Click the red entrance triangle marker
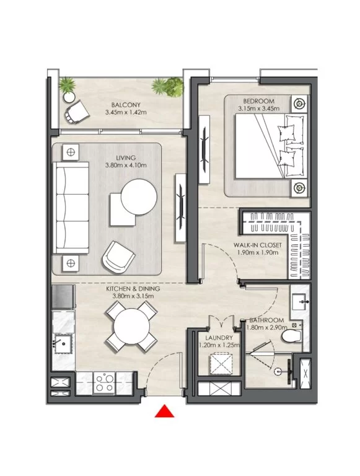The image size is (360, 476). tap(164, 412)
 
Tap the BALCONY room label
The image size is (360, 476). tap(126, 105)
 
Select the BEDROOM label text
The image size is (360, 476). tap(258, 101)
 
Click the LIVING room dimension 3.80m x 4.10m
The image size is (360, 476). tap(126, 165)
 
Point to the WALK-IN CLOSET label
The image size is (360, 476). tap(257, 245)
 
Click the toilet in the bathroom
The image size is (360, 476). tap(291, 336)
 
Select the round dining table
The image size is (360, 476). tap(131, 327)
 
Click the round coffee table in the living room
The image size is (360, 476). tap(139, 197)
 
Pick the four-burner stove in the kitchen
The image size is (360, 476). tap(105, 383)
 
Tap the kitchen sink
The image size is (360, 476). tap(63, 343)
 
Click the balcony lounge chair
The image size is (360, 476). tap(77, 112)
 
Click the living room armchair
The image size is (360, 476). tap(118, 257)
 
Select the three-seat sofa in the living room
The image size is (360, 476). tap(71, 208)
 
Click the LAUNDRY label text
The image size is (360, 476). tap(219, 338)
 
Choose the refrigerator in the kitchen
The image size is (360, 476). tap(63, 297)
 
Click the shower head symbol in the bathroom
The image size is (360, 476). tap(278, 371)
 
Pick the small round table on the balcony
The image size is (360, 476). tap(69, 97)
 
